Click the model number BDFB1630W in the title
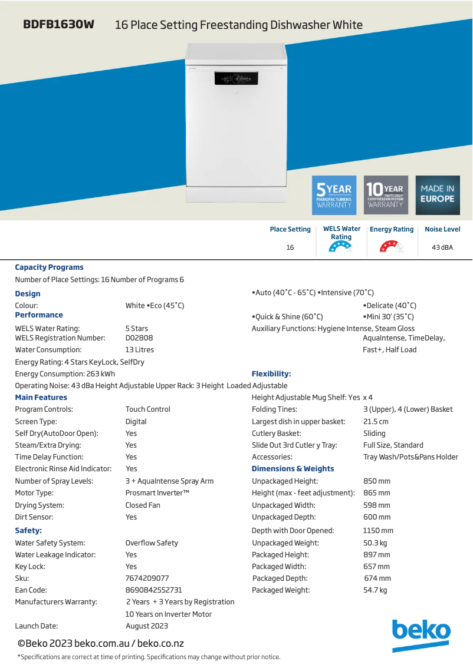click(x=58, y=25)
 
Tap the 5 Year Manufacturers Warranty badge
click(x=334, y=195)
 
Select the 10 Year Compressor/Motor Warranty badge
click(x=386, y=195)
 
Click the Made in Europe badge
click(x=438, y=195)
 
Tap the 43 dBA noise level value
click(x=442, y=248)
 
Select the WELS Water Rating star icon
click(x=340, y=248)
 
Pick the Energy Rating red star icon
click(x=391, y=248)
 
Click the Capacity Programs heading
click(x=49, y=267)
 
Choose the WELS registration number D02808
click(x=139, y=338)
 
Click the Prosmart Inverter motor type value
click(x=157, y=493)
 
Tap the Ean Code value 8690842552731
click(x=153, y=590)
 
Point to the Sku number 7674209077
click(x=147, y=578)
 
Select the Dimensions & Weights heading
click(x=293, y=469)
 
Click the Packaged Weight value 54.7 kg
click(x=375, y=590)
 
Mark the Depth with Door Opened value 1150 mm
click(x=378, y=531)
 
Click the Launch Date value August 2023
click(x=147, y=626)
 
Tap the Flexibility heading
click(x=271, y=374)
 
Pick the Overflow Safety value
click(x=152, y=543)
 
